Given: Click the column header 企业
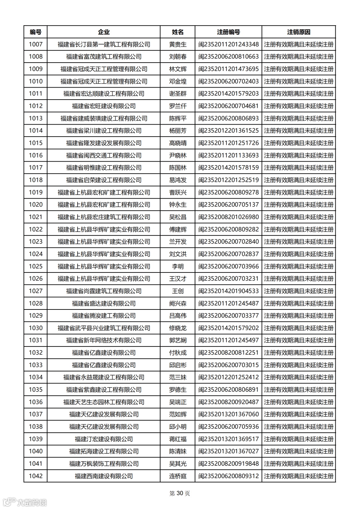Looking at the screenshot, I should click(x=104, y=32).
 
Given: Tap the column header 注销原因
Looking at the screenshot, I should click(x=299, y=32).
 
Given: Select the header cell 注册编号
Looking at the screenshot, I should click(x=228, y=32).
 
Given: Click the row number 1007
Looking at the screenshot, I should click(x=36, y=44).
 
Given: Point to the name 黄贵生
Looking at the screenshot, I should click(x=178, y=44).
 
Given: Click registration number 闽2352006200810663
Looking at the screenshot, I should click(x=228, y=57).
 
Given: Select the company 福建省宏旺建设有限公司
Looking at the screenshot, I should click(x=104, y=106).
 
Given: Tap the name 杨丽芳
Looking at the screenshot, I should click(x=178, y=131).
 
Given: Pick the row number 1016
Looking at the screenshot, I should click(x=36, y=155).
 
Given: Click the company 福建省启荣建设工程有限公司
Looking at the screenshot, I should click(x=104, y=180).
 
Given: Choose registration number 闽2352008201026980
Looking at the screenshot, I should click(x=228, y=217).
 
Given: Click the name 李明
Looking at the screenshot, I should click(x=178, y=266).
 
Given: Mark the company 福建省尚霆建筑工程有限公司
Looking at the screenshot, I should click(x=104, y=291).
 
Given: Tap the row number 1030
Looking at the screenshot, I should click(x=36, y=328).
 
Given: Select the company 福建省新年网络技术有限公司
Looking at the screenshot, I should click(x=104, y=340).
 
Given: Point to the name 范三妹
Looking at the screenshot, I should click(x=178, y=377).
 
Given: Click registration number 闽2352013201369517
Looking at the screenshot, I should click(x=228, y=439).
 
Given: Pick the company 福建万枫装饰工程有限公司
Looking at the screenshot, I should click(x=104, y=463).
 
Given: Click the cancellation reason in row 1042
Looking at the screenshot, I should click(x=299, y=476).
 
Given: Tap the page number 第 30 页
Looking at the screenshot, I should click(x=180, y=493).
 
